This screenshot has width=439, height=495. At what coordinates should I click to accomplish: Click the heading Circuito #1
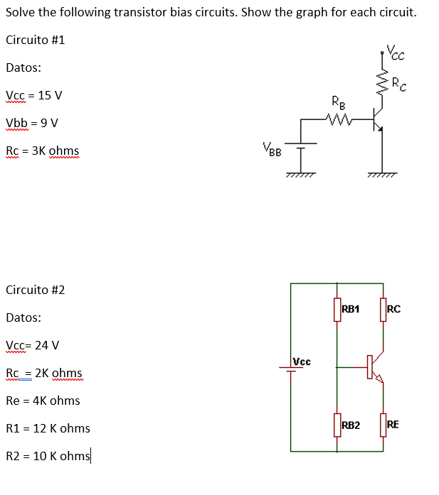click(x=35, y=40)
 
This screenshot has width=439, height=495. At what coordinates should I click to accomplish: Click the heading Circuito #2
click(x=35, y=290)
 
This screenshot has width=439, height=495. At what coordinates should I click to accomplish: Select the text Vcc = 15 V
click(x=33, y=95)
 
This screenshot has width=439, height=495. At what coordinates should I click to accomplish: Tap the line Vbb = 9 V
click(x=31, y=123)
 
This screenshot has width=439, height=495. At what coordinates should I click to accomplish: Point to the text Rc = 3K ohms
click(x=42, y=151)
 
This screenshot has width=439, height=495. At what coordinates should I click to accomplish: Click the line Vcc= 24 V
click(x=32, y=345)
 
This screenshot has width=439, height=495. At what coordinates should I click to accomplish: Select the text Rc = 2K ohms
click(x=43, y=373)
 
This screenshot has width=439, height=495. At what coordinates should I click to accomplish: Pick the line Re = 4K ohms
click(x=43, y=401)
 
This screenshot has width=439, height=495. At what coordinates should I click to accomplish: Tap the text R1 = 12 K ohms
click(x=48, y=428)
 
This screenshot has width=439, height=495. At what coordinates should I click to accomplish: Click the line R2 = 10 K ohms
click(x=48, y=456)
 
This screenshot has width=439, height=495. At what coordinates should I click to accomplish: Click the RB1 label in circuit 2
click(x=350, y=309)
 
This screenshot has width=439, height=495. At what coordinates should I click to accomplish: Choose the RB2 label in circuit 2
click(x=350, y=425)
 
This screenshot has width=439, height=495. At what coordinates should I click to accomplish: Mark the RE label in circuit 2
click(x=393, y=425)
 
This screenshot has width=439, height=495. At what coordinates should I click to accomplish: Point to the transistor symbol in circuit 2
click(x=374, y=367)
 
